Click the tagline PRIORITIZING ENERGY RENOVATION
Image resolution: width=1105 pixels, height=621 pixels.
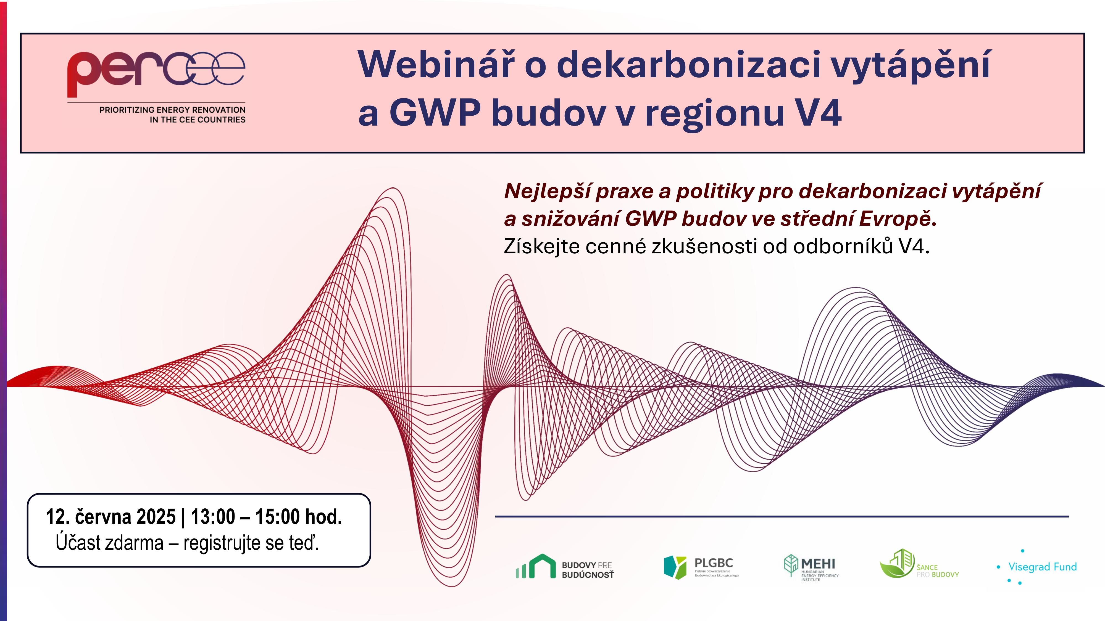click(x=172, y=110)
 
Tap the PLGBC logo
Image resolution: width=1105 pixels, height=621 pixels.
click(x=701, y=567)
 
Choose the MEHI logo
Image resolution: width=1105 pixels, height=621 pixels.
click(x=811, y=567)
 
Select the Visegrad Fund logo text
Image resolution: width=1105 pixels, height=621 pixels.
click(x=1042, y=567)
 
